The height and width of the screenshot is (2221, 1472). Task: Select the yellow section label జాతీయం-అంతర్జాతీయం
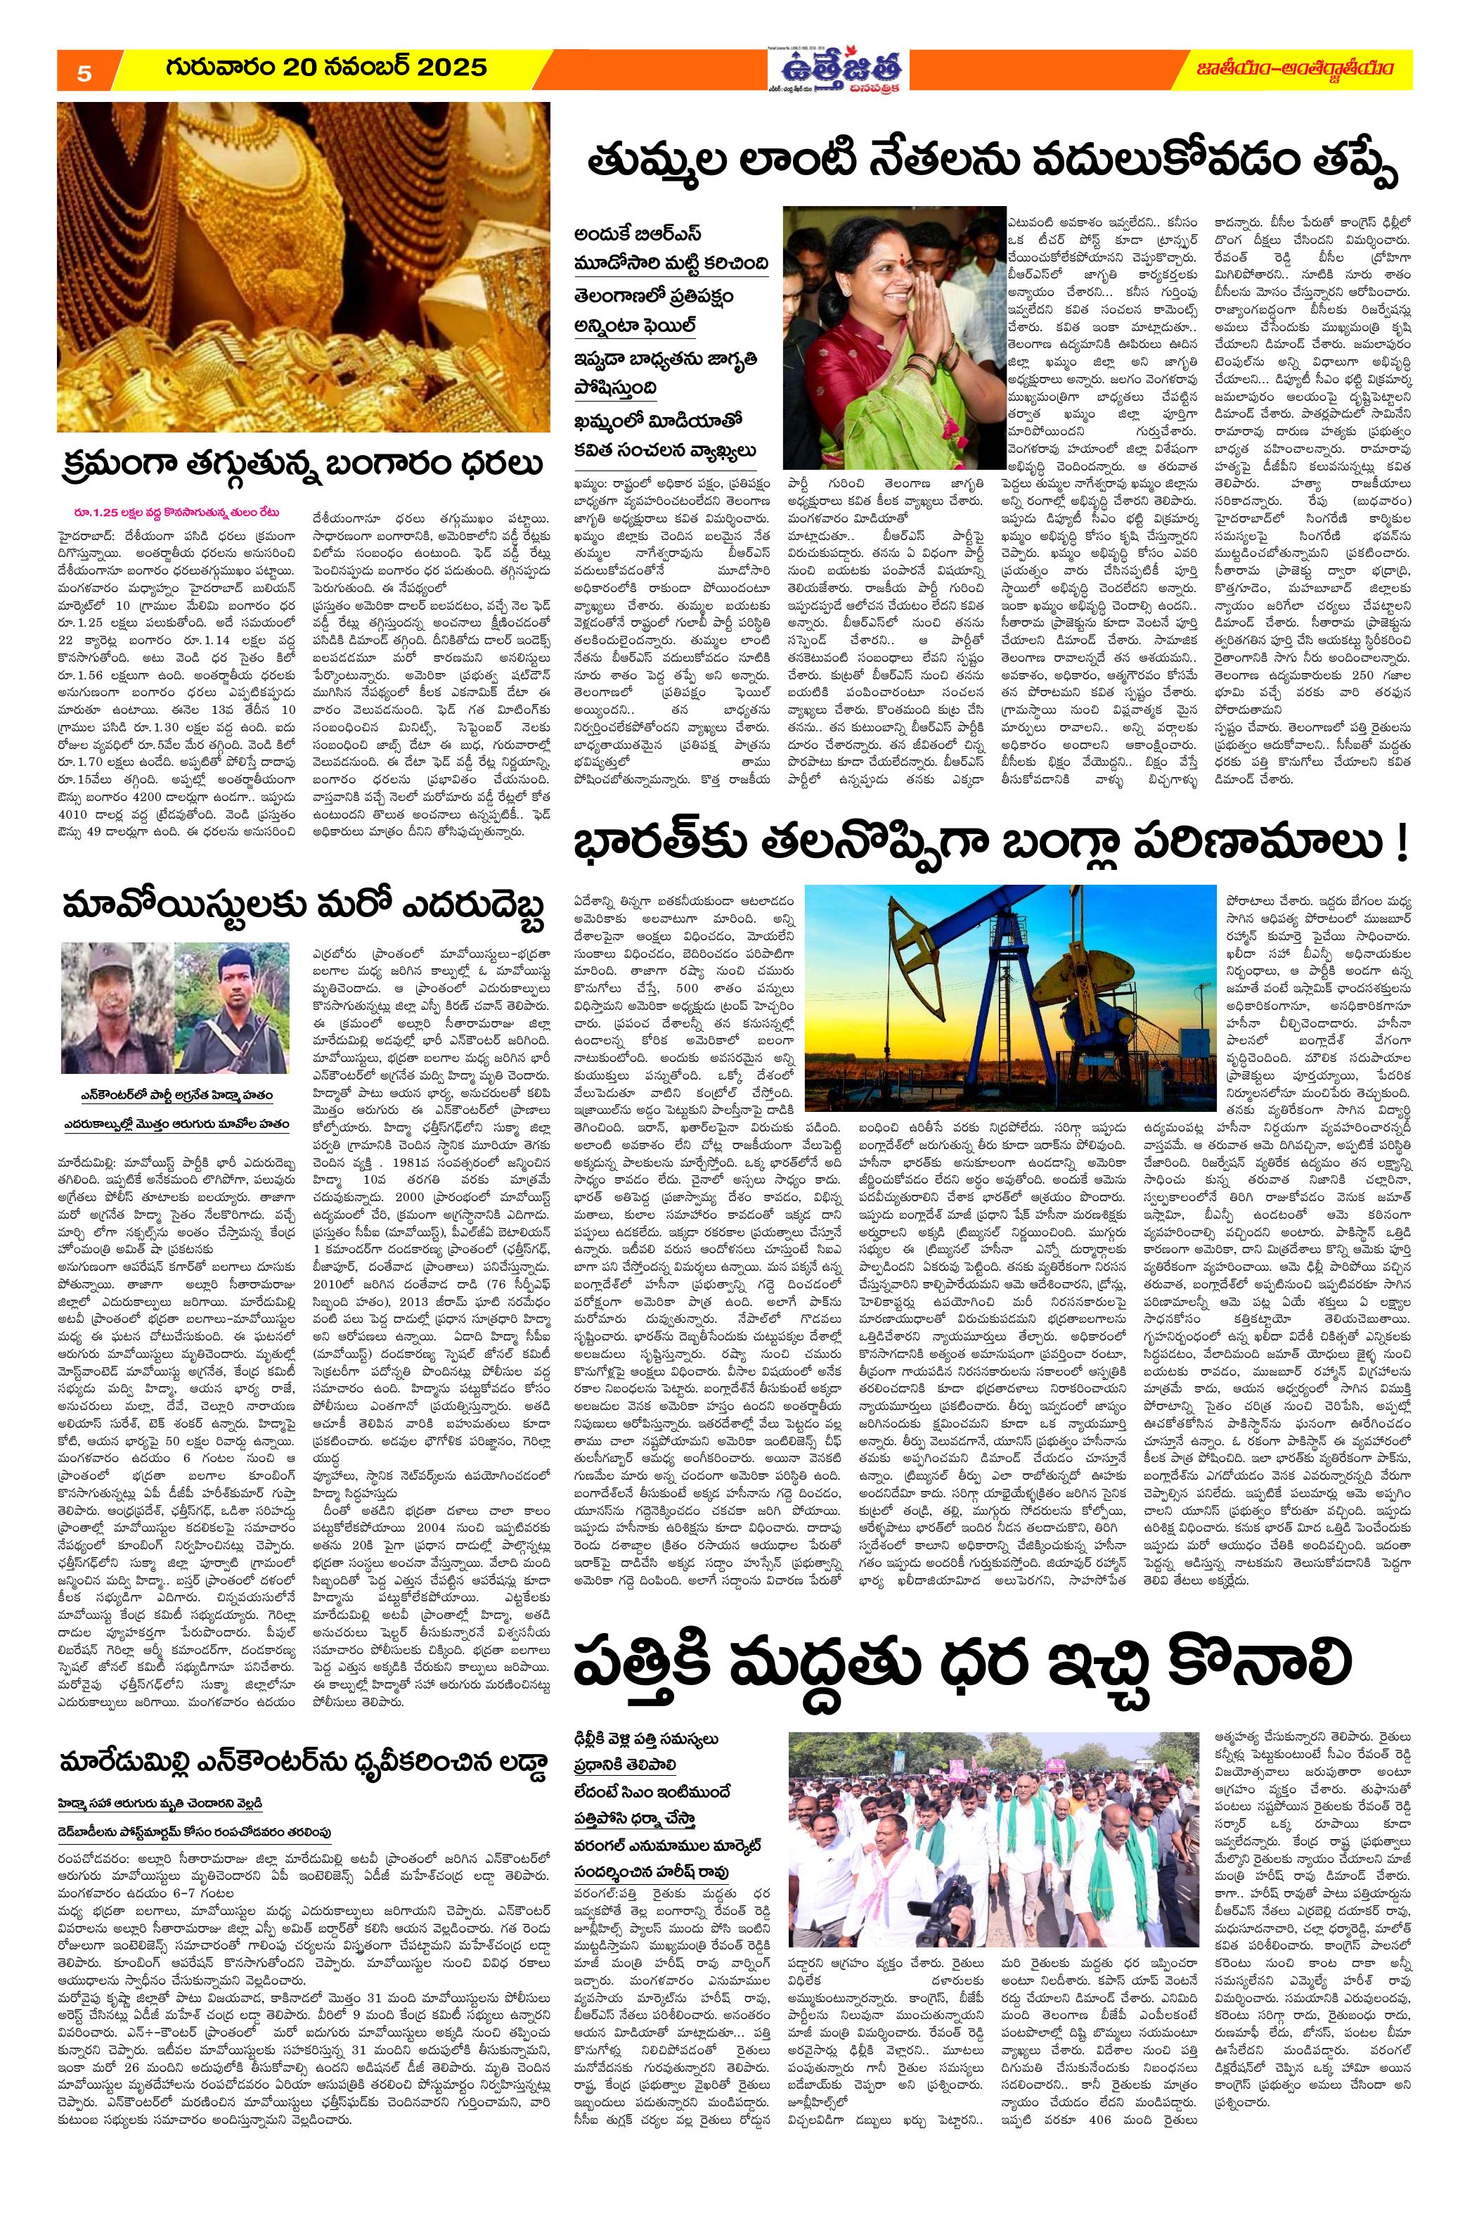(x=1295, y=68)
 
